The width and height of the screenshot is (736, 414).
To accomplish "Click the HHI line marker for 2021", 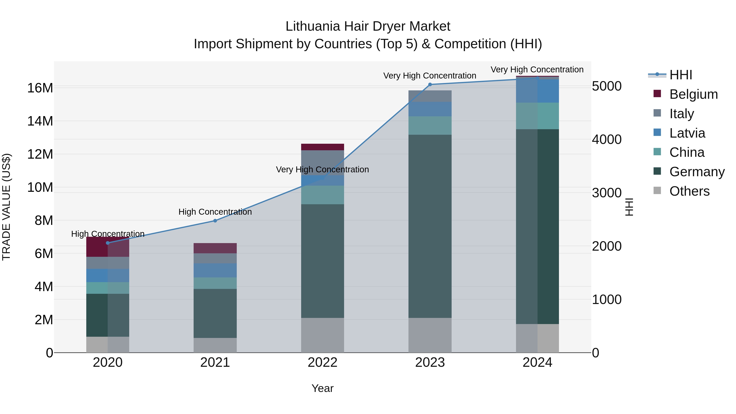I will (x=215, y=221).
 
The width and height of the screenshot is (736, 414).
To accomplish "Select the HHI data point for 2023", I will (x=430, y=85).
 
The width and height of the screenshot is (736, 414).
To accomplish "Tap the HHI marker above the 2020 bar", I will (x=108, y=243).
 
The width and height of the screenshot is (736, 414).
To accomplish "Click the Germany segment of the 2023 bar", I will (x=430, y=226).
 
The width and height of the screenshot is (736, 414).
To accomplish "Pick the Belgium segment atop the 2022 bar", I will (x=323, y=147).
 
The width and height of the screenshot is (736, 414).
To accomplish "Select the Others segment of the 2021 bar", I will (x=215, y=345).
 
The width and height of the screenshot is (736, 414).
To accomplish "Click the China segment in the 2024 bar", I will (x=537, y=116).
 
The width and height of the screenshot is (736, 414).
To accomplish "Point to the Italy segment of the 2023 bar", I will (x=430, y=96).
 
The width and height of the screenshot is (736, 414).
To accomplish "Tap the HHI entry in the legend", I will (x=681, y=75).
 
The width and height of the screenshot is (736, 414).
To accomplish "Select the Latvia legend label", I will (x=687, y=133).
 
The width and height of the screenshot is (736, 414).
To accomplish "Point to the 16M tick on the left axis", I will (x=40, y=88).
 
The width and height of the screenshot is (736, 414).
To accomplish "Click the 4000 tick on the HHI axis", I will (x=607, y=139).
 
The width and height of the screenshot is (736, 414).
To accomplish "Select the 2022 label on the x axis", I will (x=323, y=362).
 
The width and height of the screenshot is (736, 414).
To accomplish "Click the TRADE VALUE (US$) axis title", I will (x=6, y=207).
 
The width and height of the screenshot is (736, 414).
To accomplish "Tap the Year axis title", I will (x=323, y=388).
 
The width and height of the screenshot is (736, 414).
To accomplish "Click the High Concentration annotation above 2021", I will (x=215, y=212).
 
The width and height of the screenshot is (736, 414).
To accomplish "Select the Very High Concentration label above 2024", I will (x=537, y=70).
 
